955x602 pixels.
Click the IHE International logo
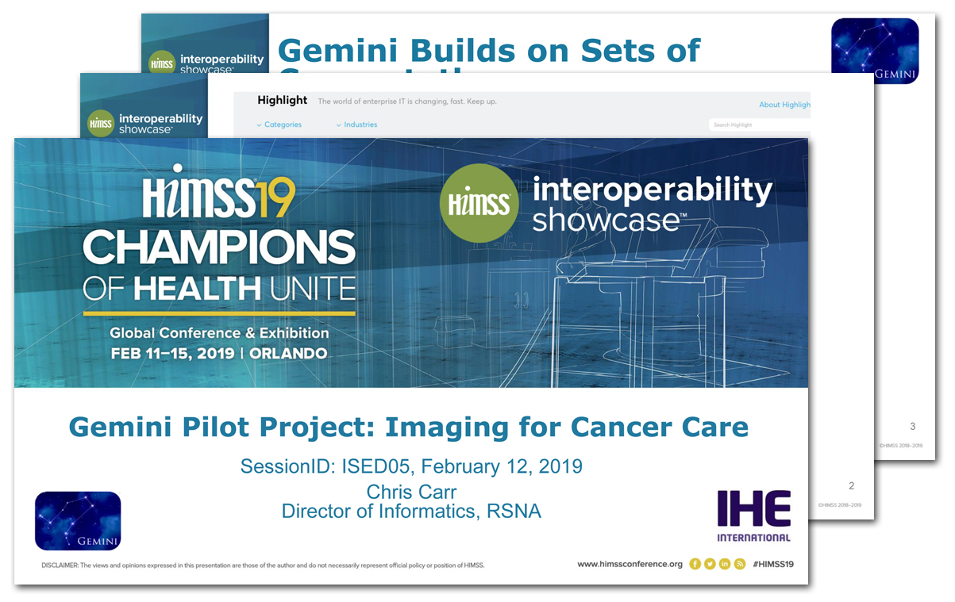(753, 516)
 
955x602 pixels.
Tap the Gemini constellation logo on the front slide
(78, 521)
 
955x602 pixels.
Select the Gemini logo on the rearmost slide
(874, 51)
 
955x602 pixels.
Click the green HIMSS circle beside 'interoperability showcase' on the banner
(479, 202)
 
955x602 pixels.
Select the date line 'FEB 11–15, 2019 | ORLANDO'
(218, 354)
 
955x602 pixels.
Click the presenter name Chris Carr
(411, 491)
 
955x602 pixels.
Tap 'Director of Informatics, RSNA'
(411, 511)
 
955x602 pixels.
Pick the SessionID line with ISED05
(411, 466)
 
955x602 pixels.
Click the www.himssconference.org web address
(630, 564)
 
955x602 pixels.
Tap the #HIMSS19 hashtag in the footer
(773, 564)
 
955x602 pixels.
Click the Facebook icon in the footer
(695, 564)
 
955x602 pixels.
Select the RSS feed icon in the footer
(739, 564)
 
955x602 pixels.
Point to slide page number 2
(851, 486)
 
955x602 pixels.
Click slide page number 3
(912, 427)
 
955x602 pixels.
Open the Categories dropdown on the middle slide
(279, 125)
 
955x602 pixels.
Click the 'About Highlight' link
(784, 105)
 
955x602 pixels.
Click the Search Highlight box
(759, 125)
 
